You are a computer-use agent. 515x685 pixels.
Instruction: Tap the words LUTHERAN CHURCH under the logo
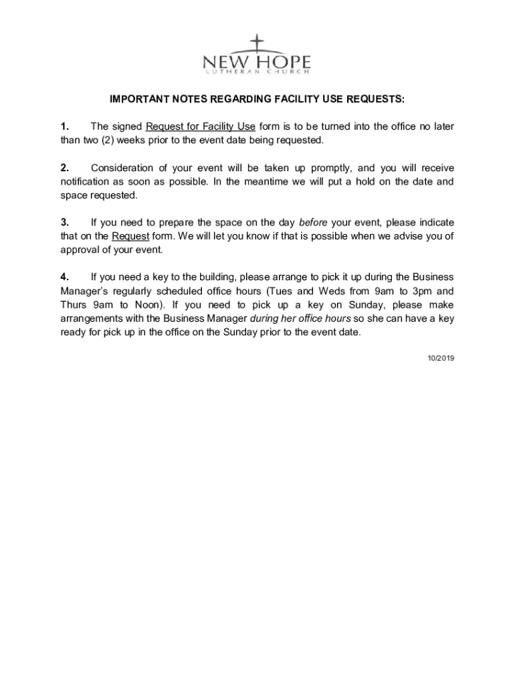coord(257,72)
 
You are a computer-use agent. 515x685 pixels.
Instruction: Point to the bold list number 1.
coord(65,127)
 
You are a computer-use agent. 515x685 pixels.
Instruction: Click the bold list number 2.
coord(65,168)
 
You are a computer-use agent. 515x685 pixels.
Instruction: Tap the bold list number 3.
coord(65,223)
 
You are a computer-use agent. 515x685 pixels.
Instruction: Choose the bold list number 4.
coord(65,277)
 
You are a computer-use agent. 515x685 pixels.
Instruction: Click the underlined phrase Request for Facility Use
coord(201,127)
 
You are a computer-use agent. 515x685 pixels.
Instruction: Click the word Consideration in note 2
coord(122,168)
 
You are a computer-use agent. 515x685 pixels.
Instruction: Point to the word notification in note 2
coord(86,182)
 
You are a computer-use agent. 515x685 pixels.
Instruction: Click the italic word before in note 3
coord(313,223)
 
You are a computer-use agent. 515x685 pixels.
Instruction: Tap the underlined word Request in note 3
coord(130,236)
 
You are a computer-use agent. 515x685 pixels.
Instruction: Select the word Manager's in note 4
coord(86,291)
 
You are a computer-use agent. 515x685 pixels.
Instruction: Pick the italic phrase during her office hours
coord(300,318)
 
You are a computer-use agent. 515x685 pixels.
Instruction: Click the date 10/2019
coord(441,359)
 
